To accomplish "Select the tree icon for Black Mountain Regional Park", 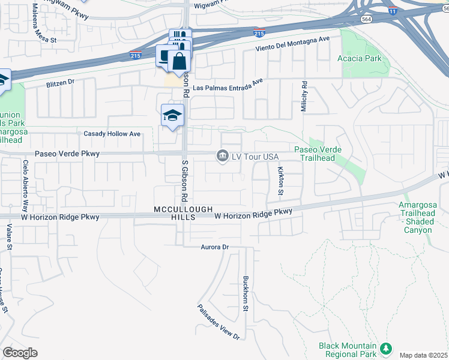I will point(387,348).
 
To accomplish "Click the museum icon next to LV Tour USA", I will point(223,156).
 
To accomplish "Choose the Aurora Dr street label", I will point(215,247).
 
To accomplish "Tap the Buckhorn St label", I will point(245,293).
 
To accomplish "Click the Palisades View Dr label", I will point(218,322).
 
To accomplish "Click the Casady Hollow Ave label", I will point(112,134).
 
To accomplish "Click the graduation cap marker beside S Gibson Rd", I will point(172,115).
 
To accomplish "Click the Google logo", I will point(20,353).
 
